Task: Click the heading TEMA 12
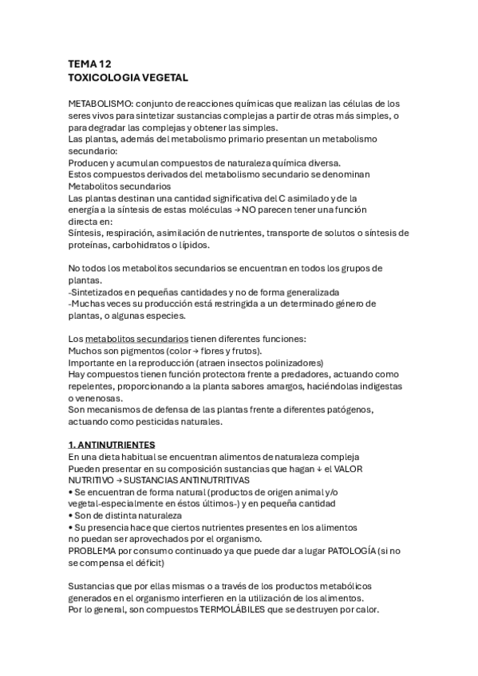90,64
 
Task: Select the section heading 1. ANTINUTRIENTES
112,443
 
